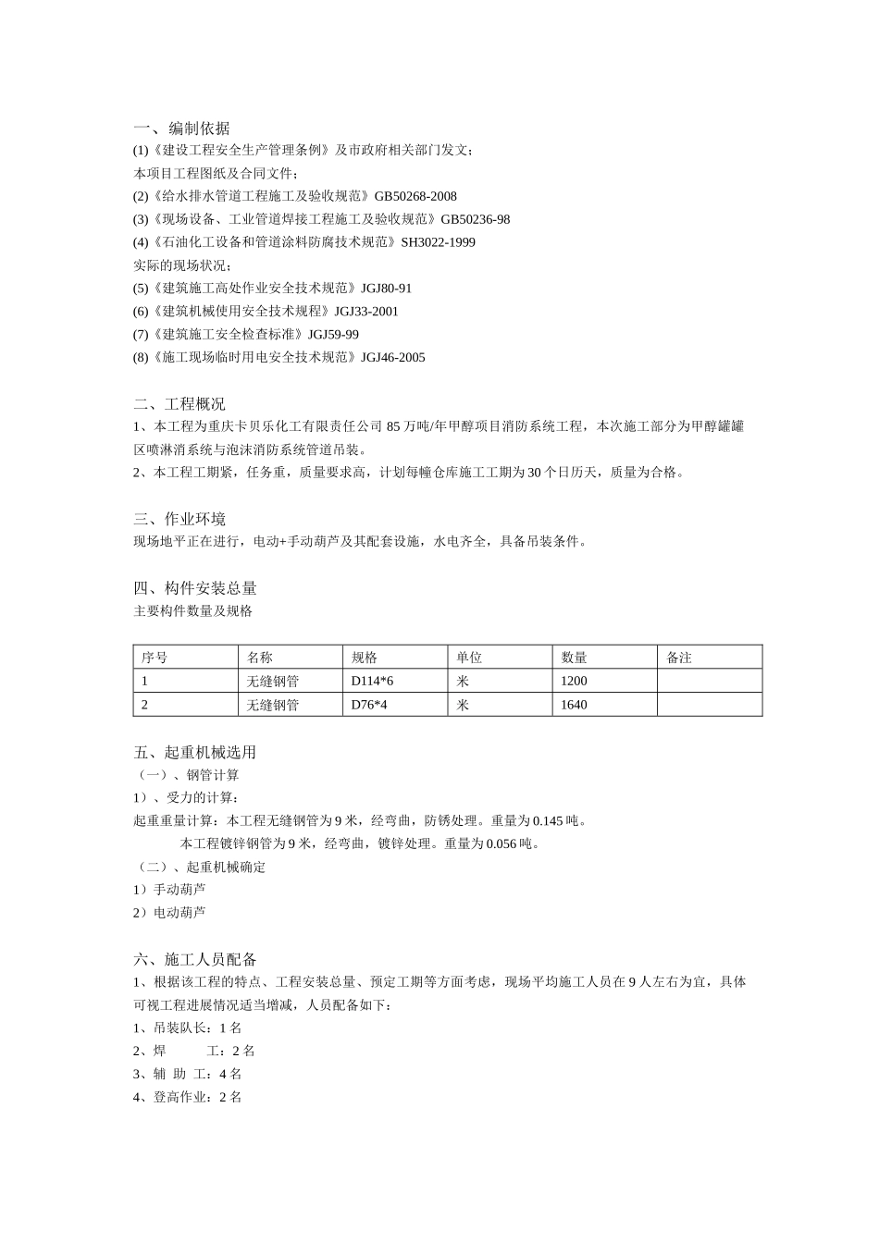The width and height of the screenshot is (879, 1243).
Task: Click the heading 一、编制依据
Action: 181,129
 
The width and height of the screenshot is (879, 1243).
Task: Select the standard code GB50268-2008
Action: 415,196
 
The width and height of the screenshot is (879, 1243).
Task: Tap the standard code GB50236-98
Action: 475,219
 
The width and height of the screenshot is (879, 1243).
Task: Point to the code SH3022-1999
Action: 438,242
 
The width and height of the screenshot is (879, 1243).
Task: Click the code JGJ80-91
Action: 386,289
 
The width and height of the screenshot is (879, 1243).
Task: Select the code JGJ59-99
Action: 333,334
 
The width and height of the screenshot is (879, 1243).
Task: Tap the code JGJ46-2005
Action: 392,357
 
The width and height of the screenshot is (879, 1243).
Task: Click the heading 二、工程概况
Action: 179,404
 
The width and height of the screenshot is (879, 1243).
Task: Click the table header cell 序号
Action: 155,658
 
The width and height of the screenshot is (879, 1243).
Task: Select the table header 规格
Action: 365,658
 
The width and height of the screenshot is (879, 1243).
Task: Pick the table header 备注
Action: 679,658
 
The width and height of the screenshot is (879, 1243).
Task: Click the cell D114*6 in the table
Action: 372,681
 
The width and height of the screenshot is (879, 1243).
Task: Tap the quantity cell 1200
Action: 574,681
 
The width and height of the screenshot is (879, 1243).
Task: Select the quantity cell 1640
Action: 574,705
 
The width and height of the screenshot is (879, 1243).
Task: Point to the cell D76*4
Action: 368,705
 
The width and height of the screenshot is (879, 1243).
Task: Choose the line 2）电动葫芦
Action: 169,912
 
